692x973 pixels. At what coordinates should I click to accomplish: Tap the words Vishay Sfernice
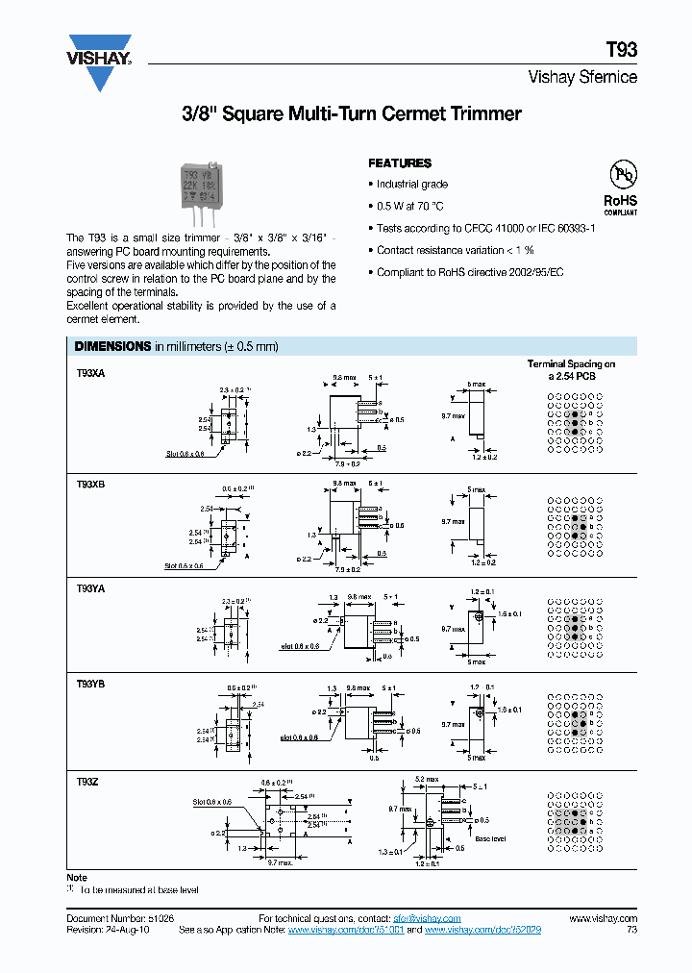tap(582, 78)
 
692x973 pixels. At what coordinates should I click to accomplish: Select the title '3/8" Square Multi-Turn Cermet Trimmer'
tap(351, 114)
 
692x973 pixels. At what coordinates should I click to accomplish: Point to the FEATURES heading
tap(400, 163)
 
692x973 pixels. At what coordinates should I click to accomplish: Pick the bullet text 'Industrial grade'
tap(412, 185)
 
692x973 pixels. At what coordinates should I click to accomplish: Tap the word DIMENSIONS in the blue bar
tap(112, 346)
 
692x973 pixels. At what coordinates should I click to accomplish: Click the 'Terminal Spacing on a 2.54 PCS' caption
tap(571, 370)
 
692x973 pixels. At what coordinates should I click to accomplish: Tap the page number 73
tap(630, 931)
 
